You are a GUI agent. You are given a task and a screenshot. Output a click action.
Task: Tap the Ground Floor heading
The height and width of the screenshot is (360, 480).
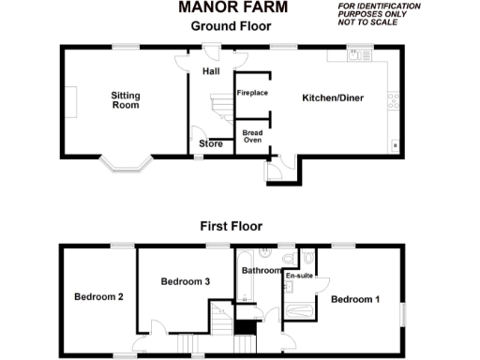coord(231,26)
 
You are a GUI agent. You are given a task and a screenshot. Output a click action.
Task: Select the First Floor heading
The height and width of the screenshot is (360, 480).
coord(231,226)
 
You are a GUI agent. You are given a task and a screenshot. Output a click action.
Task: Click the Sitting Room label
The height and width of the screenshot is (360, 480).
coord(125,100)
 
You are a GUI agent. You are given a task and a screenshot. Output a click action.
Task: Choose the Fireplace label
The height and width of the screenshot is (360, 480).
coord(252,94)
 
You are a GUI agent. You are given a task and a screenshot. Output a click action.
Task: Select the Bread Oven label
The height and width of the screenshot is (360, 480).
coord(253,137)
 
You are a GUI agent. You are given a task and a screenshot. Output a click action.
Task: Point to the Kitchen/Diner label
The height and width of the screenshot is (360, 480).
coord(332,97)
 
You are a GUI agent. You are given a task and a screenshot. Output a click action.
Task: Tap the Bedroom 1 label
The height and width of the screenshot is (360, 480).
coord(355,299)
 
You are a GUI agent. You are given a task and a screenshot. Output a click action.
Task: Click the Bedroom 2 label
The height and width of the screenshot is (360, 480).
coord(99,297)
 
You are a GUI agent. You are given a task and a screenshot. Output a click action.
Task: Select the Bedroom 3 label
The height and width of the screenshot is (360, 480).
coord(185,281)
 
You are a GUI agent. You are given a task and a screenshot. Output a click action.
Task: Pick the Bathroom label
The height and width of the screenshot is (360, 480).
coord(261,271)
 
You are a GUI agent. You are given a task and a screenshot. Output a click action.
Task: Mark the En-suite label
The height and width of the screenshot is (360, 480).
coord(299,277)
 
